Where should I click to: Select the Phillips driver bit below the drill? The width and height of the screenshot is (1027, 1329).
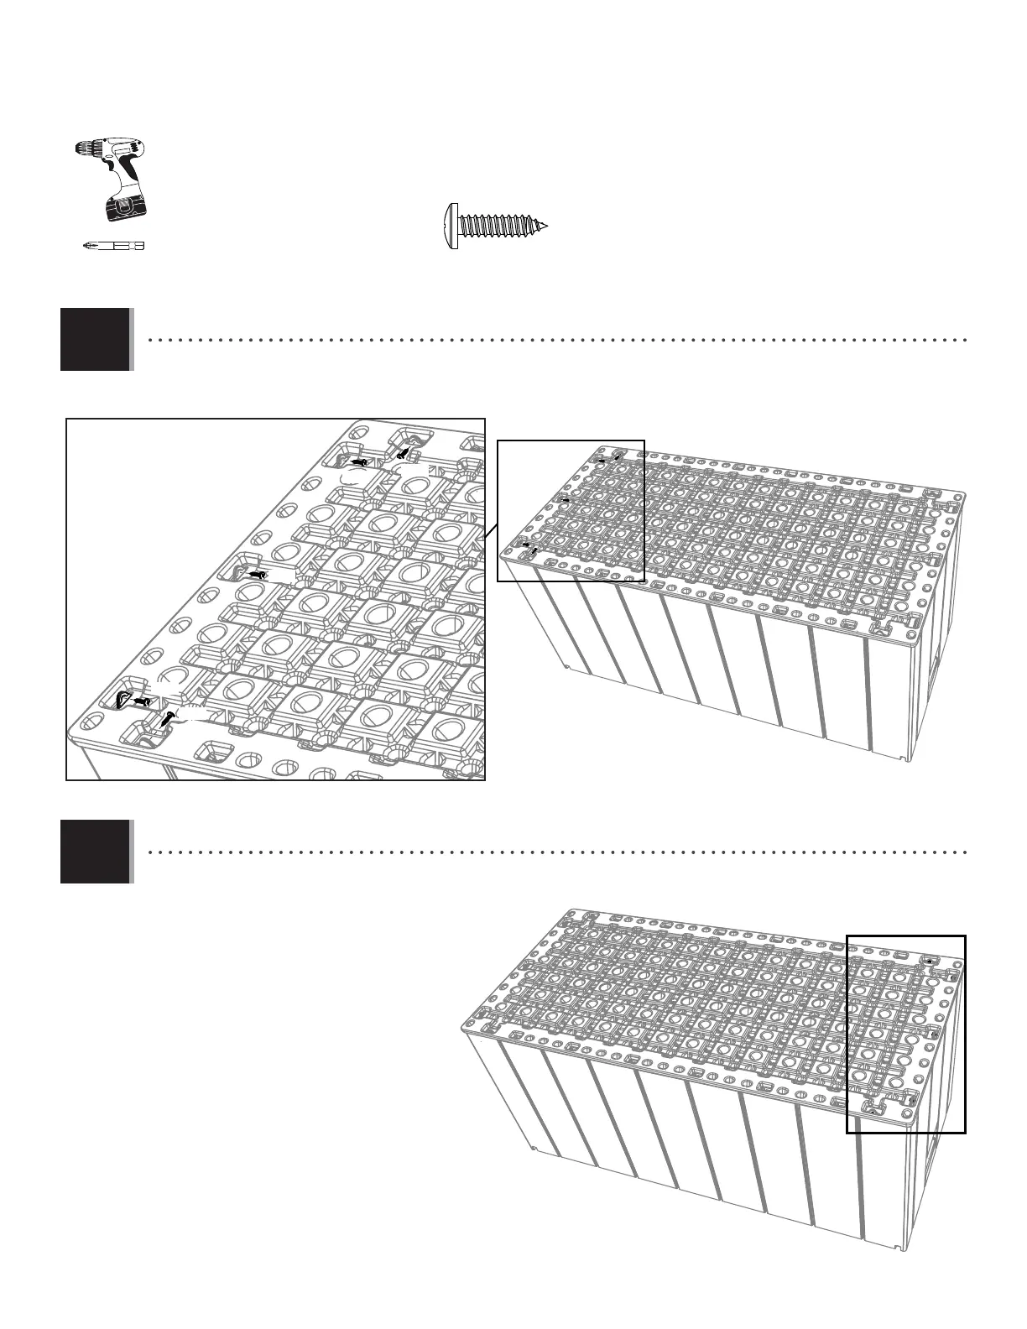click(113, 246)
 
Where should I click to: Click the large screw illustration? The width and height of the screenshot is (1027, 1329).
click(496, 227)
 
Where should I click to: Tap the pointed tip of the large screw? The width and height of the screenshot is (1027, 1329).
click(545, 227)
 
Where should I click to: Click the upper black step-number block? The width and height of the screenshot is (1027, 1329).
click(95, 339)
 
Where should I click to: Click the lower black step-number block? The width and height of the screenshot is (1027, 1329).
click(95, 851)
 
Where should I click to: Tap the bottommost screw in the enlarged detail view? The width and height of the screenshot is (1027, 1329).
click(168, 718)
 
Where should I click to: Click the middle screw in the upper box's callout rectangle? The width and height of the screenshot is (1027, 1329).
click(565, 500)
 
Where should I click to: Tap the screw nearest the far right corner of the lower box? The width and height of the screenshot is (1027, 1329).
click(954, 975)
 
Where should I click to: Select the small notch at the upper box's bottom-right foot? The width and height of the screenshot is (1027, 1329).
click(902, 759)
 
